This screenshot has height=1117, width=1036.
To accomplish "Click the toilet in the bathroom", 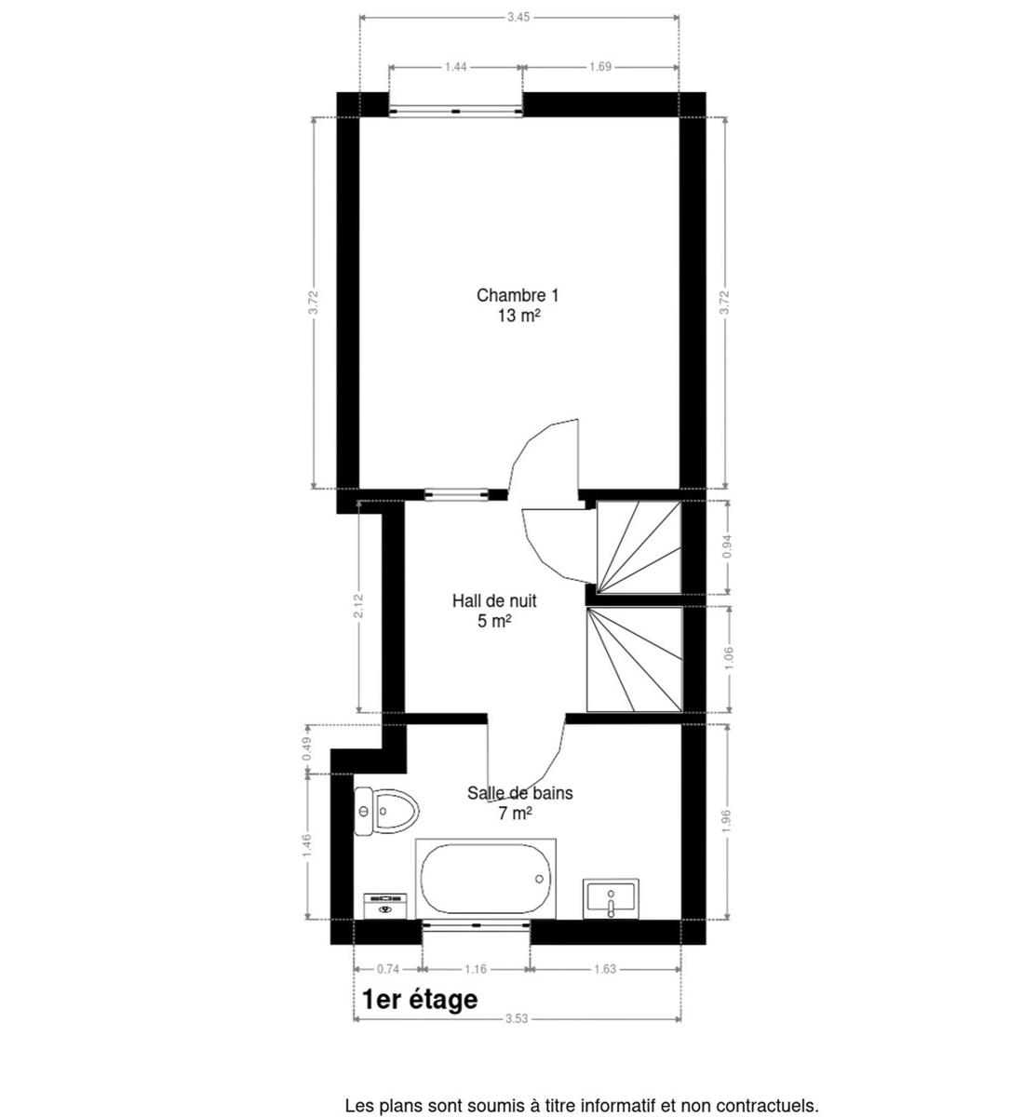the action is click(387, 811).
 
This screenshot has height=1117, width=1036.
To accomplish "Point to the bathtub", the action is click(486, 879).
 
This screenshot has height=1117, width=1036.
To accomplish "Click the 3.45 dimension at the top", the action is click(518, 18).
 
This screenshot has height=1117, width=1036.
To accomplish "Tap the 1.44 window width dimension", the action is click(455, 67).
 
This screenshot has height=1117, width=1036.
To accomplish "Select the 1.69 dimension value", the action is click(600, 67).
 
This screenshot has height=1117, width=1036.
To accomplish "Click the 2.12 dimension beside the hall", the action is click(359, 606).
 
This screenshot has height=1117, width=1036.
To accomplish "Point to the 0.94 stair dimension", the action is click(727, 546).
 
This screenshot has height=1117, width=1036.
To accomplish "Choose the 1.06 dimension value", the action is click(730, 659).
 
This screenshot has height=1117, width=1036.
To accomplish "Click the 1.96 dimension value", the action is click(727, 822).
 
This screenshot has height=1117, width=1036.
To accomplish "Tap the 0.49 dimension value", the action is click(307, 749).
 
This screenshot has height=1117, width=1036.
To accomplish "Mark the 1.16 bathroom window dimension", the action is click(476, 969).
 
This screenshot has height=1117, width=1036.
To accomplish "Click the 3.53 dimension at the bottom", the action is click(517, 1018).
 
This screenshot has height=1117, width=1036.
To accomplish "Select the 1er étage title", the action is click(420, 1000).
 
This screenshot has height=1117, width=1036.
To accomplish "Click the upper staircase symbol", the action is click(639, 546).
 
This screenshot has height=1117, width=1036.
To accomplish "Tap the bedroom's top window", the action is click(456, 112).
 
